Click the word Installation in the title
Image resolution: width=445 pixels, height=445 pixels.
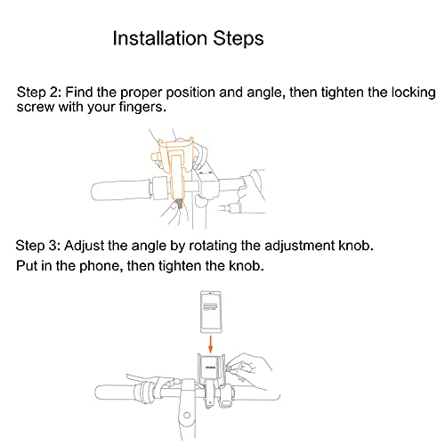pyautogui.click(x=160, y=38)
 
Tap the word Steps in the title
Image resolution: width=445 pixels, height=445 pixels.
pyautogui.click(x=239, y=39)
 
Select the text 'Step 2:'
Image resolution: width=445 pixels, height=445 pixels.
pyautogui.click(x=39, y=93)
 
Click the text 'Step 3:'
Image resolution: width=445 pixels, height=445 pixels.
pyautogui.click(x=38, y=246)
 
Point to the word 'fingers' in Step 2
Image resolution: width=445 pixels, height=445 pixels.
pyautogui.click(x=141, y=107)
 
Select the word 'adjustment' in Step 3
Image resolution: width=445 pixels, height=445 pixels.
pyautogui.click(x=299, y=246)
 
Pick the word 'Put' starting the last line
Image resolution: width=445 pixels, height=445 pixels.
pyautogui.click(x=27, y=265)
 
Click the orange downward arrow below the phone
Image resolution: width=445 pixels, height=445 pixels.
pyautogui.click(x=210, y=344)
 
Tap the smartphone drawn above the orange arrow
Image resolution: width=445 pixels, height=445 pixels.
pyautogui.click(x=211, y=312)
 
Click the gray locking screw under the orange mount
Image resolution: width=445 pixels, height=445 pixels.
pyautogui.click(x=179, y=204)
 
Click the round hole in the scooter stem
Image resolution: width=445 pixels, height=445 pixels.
pyautogui.click(x=187, y=415)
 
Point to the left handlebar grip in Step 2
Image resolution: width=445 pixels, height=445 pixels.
pyautogui.click(x=122, y=190)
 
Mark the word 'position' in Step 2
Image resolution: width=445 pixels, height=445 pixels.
pyautogui.click(x=190, y=93)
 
